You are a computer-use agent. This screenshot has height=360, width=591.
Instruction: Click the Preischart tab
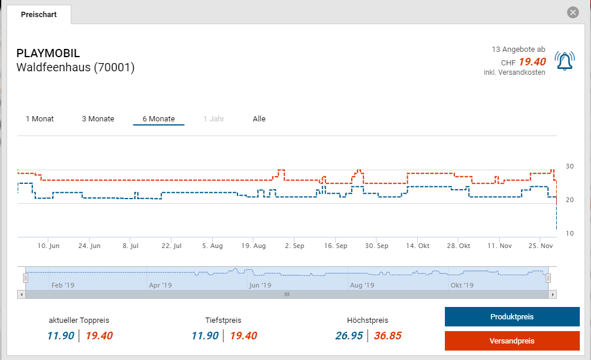click(x=39, y=15)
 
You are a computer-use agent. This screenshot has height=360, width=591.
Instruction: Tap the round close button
click(x=572, y=12)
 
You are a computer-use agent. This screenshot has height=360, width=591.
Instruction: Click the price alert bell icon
click(x=564, y=61)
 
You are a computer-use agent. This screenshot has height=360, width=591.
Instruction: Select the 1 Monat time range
click(x=39, y=119)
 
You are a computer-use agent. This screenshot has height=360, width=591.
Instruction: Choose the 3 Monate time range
click(x=98, y=119)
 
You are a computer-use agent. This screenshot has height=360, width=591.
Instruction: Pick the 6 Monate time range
click(x=159, y=119)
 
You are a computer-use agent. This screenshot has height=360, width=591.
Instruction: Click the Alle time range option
click(x=259, y=119)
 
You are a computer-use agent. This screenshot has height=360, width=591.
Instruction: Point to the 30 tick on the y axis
click(x=569, y=166)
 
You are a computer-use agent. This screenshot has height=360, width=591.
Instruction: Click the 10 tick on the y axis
click(x=569, y=233)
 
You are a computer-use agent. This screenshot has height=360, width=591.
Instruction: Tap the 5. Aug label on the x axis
click(x=212, y=246)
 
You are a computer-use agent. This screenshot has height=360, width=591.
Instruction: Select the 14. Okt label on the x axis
click(x=418, y=246)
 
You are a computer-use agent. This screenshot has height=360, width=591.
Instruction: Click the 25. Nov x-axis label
click(x=541, y=246)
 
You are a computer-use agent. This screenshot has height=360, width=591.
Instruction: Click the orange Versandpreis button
click(x=511, y=341)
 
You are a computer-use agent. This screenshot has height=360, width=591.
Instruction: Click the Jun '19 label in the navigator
click(x=260, y=285)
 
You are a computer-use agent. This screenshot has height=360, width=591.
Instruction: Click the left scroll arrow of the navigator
click(x=22, y=294)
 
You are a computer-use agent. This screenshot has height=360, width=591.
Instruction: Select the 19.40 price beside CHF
click(x=532, y=62)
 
